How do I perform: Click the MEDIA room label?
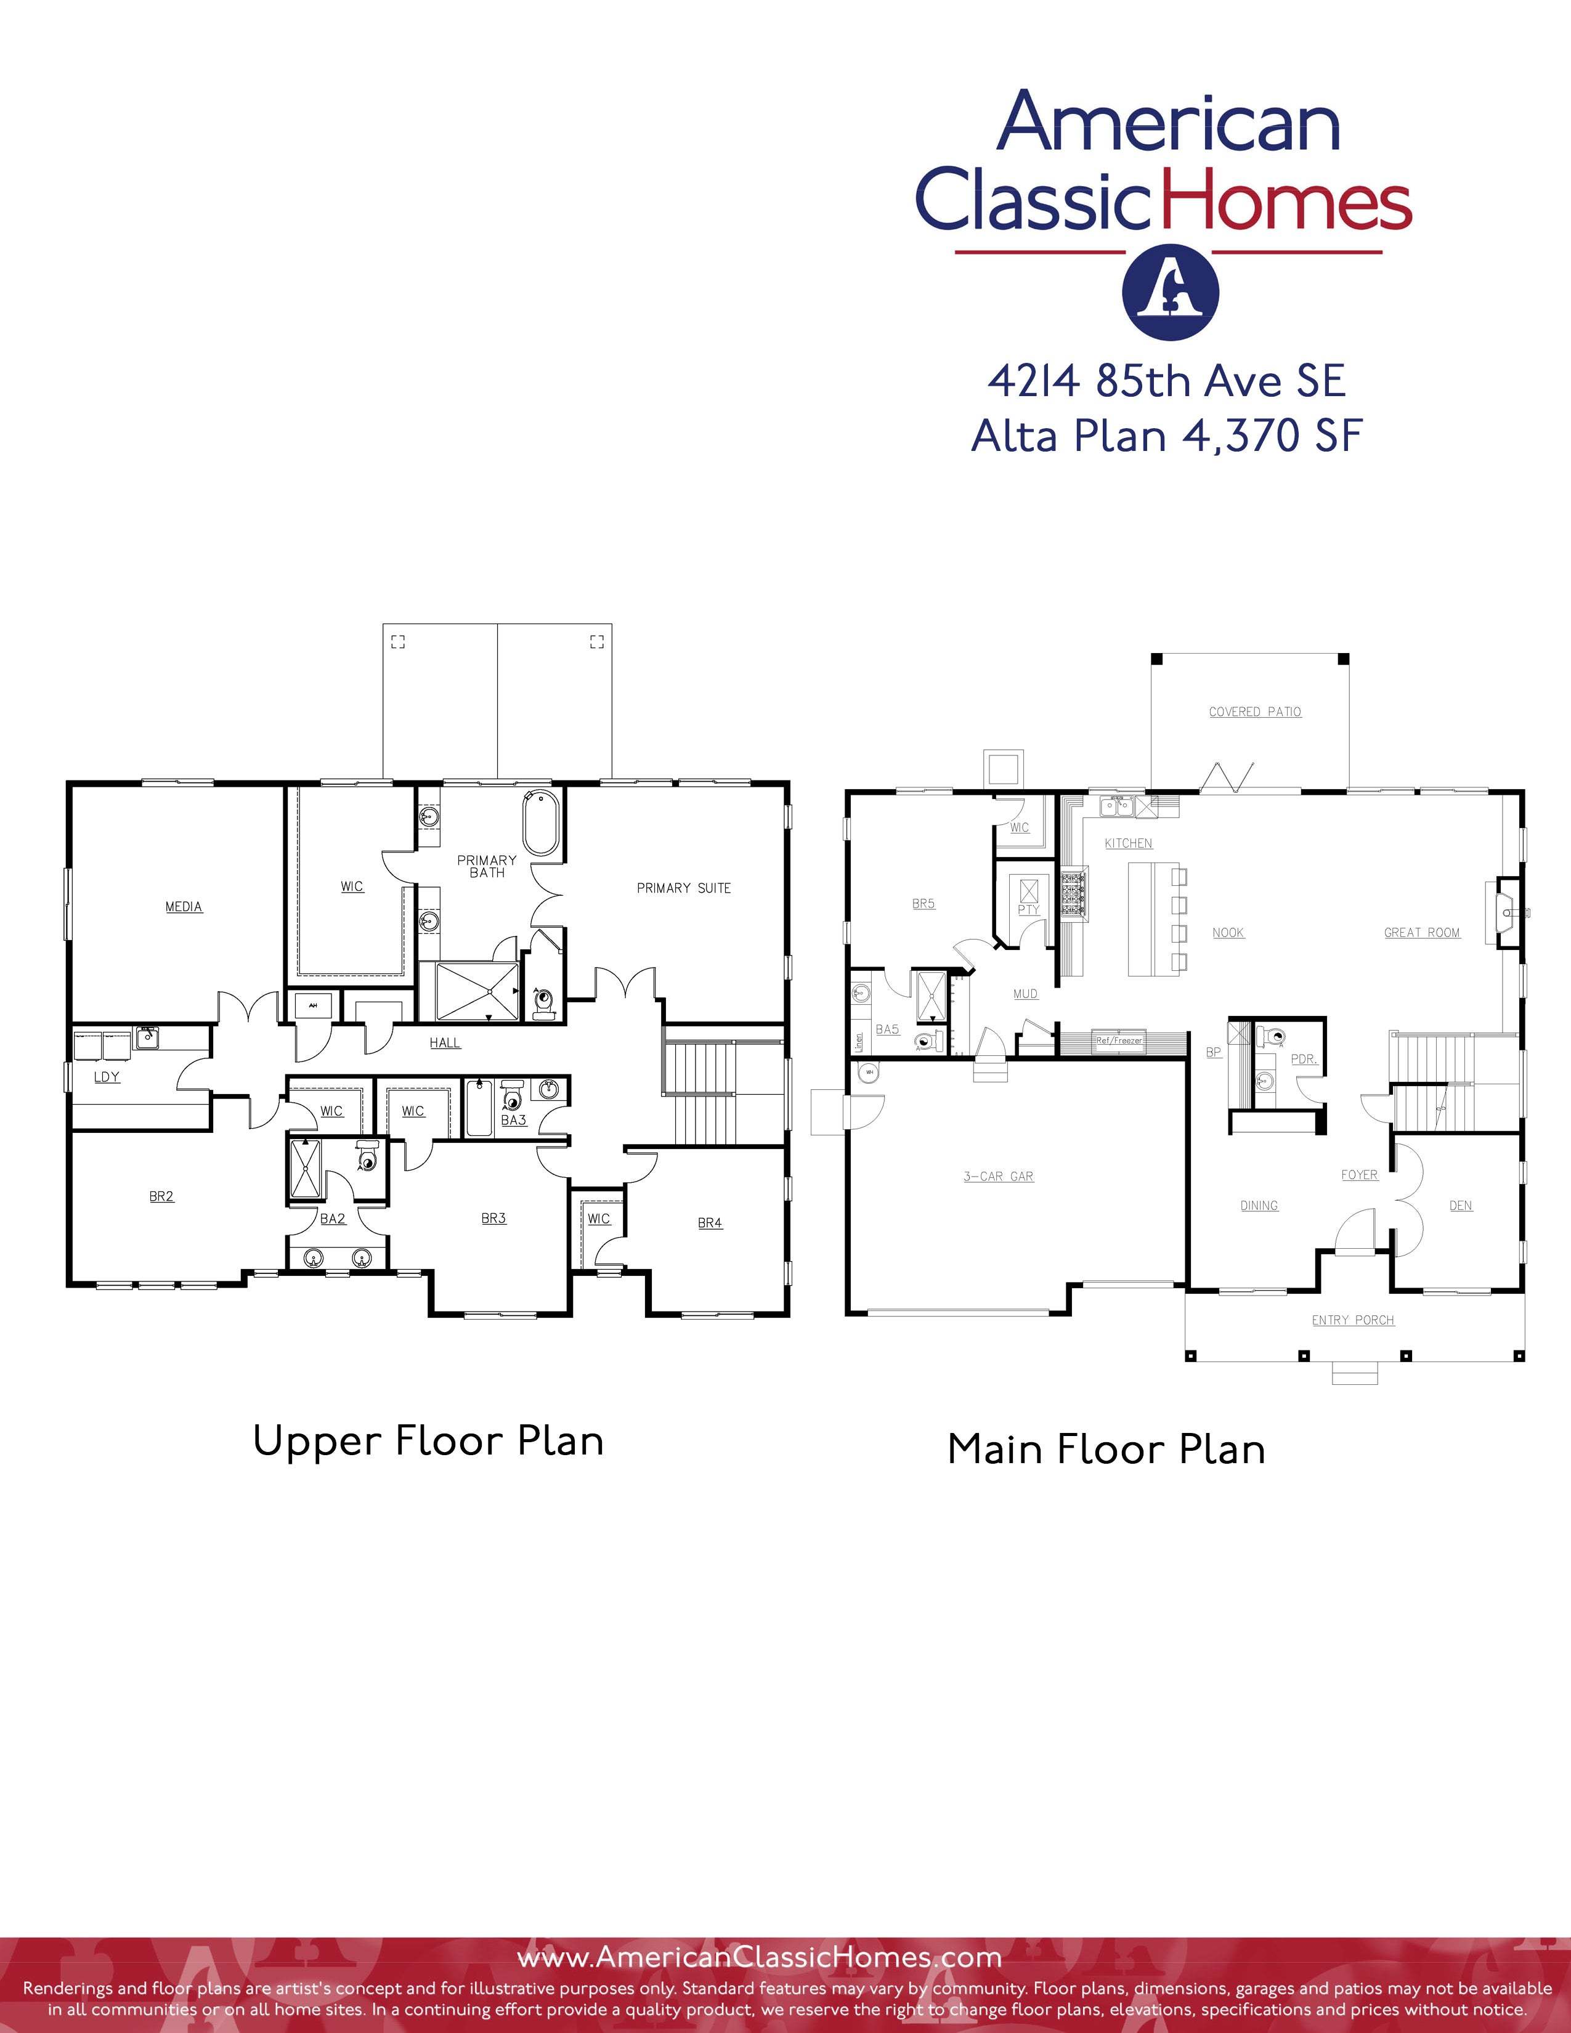pyautogui.click(x=184, y=907)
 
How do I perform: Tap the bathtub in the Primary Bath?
pyautogui.click(x=540, y=823)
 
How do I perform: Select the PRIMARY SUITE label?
pyautogui.click(x=683, y=888)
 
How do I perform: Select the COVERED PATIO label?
pyautogui.click(x=1254, y=712)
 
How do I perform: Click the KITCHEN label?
pyautogui.click(x=1128, y=843)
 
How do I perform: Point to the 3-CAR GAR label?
pyautogui.click(x=997, y=1177)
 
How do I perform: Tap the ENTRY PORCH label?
pyautogui.click(x=1352, y=1320)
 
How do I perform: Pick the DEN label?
pyautogui.click(x=1460, y=1206)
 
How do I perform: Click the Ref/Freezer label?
pyautogui.click(x=1119, y=1041)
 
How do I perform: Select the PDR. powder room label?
pyautogui.click(x=1303, y=1060)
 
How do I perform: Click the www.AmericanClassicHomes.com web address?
pyautogui.click(x=758, y=1958)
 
